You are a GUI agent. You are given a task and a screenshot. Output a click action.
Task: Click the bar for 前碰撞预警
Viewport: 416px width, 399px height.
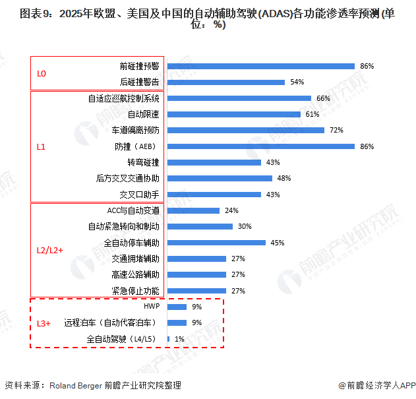pyautogui.click(x=261, y=66)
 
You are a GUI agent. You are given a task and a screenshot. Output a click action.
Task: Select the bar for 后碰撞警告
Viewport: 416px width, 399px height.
pyautogui.click(x=226, y=82)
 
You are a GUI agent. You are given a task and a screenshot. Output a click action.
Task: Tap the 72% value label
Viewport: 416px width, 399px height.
pyautogui.click(x=336, y=130)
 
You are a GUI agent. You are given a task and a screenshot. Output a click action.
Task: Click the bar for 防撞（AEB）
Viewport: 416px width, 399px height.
pyautogui.click(x=261, y=146)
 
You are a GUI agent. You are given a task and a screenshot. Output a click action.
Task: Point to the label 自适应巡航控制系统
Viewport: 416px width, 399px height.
pyautogui.click(x=123, y=98)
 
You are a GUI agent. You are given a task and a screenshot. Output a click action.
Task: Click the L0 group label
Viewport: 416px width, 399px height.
pyautogui.click(x=42, y=74)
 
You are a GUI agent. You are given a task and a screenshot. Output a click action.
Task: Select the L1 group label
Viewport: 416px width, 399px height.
pyautogui.click(x=41, y=146)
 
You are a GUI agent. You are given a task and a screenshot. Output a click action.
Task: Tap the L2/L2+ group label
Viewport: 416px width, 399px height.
pyautogui.click(x=50, y=251)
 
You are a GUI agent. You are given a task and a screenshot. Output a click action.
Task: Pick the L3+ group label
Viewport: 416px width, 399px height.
pyautogui.click(x=44, y=323)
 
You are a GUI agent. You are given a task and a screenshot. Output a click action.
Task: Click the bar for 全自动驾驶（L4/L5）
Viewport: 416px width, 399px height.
pyautogui.click(x=169, y=339)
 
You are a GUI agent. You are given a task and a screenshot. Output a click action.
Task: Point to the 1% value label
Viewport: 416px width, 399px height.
pyautogui.click(x=179, y=339)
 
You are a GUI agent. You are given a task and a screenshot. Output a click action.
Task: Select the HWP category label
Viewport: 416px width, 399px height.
pyautogui.click(x=151, y=307)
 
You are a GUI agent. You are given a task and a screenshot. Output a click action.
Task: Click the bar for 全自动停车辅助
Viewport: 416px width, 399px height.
pyautogui.click(x=216, y=243)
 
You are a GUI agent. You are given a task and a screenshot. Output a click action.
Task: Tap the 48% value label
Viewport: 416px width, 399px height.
pyautogui.click(x=283, y=178)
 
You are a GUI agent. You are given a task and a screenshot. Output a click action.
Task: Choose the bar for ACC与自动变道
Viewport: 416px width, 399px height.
pyautogui.click(x=193, y=210)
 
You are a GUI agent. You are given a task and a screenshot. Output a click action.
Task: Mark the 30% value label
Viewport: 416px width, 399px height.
pyautogui.click(x=245, y=226)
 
